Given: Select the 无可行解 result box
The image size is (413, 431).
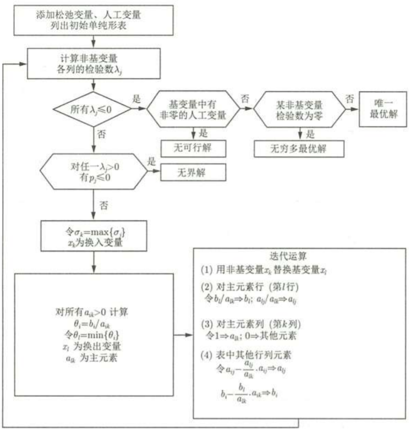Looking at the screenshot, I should click(188, 149).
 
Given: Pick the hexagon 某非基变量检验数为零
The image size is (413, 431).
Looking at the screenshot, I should click(299, 109).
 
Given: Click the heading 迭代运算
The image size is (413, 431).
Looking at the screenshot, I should click(299, 256).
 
